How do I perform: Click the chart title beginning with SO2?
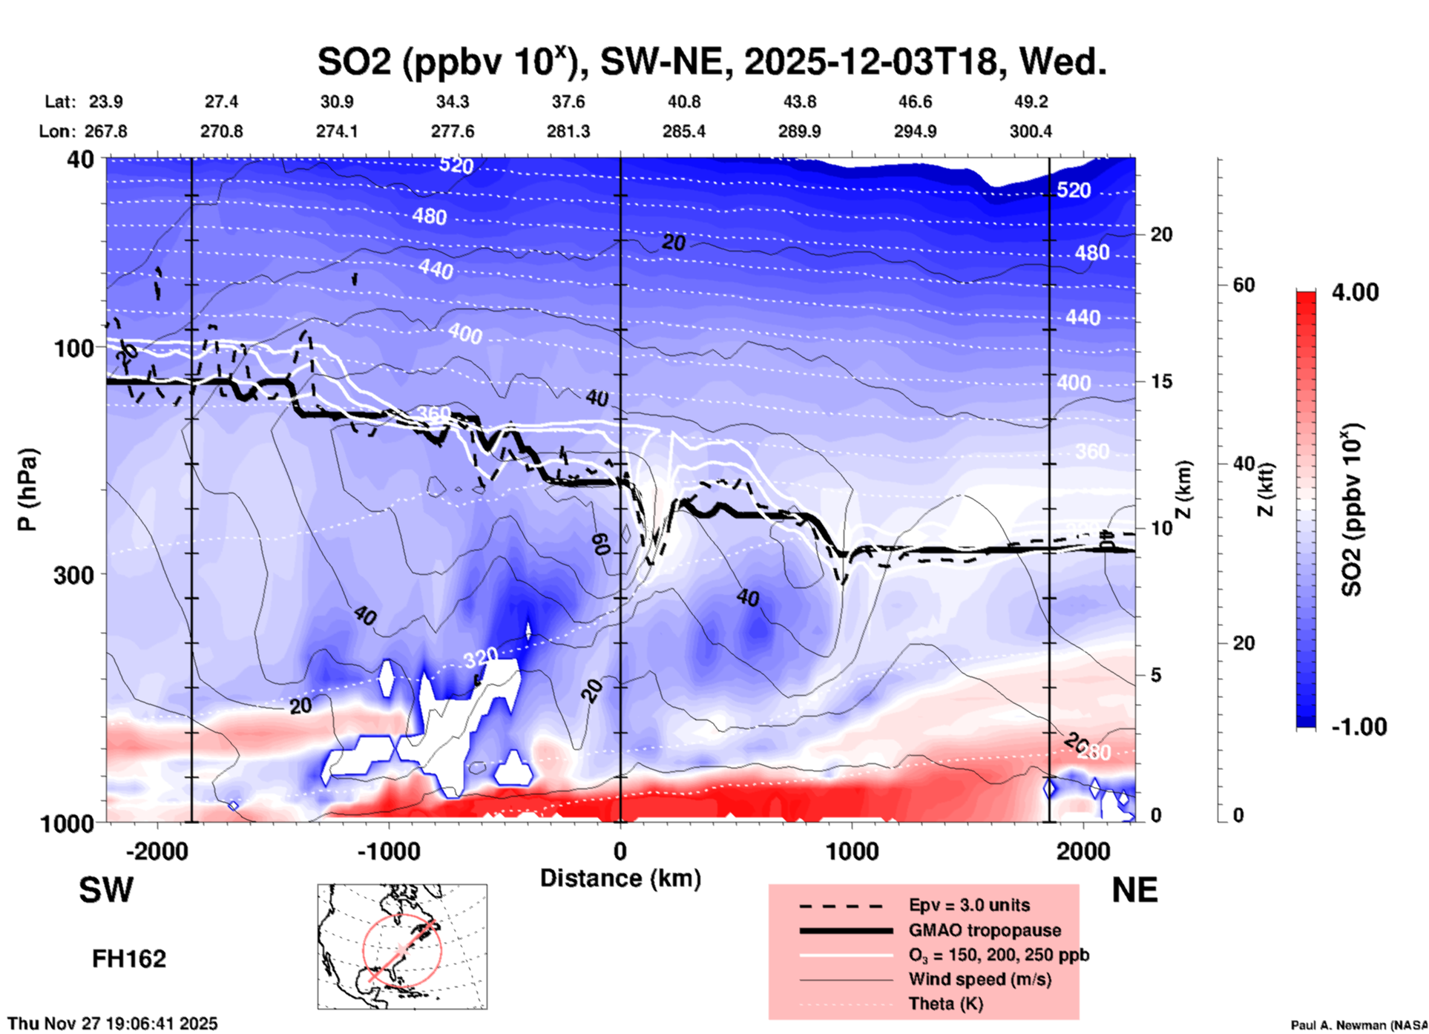coord(712,62)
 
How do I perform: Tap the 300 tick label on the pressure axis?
coord(74,575)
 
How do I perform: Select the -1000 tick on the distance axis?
coord(389,852)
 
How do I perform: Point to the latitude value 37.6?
coord(568,102)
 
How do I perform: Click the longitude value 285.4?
coord(683,131)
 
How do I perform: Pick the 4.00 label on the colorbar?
coord(1355,292)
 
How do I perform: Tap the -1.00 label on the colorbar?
coord(1359,727)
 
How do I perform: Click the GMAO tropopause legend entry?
coord(985,930)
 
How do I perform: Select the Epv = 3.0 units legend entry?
coord(969,905)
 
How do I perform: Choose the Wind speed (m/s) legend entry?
coord(979,979)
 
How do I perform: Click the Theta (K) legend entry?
coord(945,1004)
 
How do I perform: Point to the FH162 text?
coord(129,959)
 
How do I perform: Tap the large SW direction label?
coord(106,890)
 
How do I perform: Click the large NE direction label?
coord(1134,890)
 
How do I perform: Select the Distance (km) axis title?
coord(620,878)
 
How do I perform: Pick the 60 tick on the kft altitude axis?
coord(1244,285)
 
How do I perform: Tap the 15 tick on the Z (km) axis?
coord(1161,381)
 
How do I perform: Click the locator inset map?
coord(402,946)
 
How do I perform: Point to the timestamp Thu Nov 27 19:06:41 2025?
coord(113,1024)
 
